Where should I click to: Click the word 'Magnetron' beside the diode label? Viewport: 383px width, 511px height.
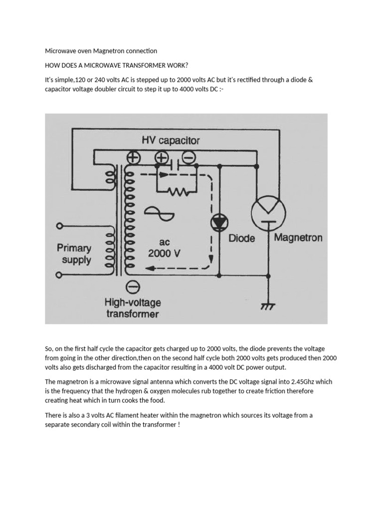pyautogui.click(x=299, y=238)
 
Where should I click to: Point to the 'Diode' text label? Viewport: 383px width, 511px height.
pyautogui.click(x=241, y=238)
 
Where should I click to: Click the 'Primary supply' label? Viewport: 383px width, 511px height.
pyautogui.click(x=74, y=254)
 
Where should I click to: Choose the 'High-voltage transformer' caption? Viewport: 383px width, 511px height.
pyautogui.click(x=132, y=308)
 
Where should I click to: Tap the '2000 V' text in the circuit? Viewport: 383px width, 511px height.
pyautogui.click(x=164, y=253)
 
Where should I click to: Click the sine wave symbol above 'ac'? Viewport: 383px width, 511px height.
pyautogui.click(x=159, y=214)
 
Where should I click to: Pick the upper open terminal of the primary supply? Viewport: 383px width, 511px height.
pyautogui.click(x=59, y=226)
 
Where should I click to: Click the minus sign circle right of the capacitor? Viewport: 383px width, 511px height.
pyautogui.click(x=189, y=157)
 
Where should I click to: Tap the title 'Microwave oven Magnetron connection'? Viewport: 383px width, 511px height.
pyautogui.click(x=101, y=51)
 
